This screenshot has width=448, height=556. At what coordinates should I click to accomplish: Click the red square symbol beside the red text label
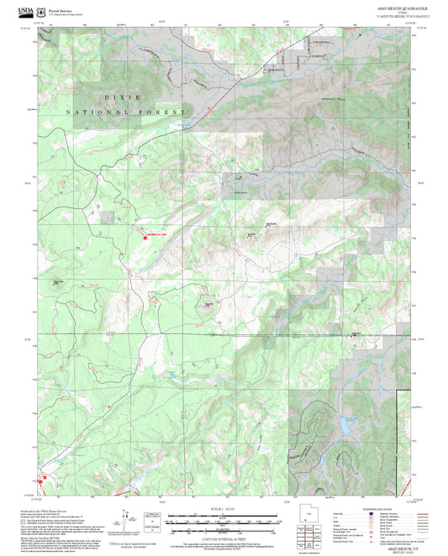coord(145,238)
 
